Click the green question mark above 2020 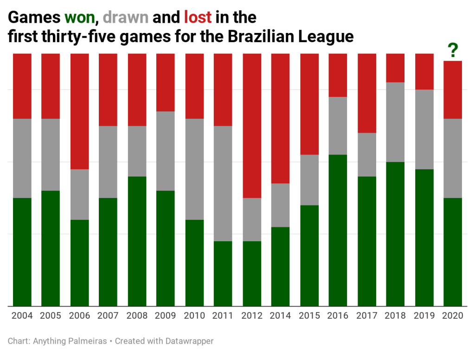point(453,50)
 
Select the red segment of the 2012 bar point(252,125)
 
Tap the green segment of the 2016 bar point(338,230)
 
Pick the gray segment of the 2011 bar point(223,183)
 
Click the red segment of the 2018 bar point(396,68)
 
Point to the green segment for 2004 point(22,252)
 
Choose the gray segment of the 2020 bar point(453,158)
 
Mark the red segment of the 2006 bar point(80,111)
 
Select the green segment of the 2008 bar point(137,241)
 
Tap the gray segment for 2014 point(281,205)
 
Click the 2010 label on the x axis point(194,316)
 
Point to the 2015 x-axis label point(309,316)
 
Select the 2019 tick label point(424,316)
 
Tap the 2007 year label point(109,316)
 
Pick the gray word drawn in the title point(126,18)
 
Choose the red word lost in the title point(198,18)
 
